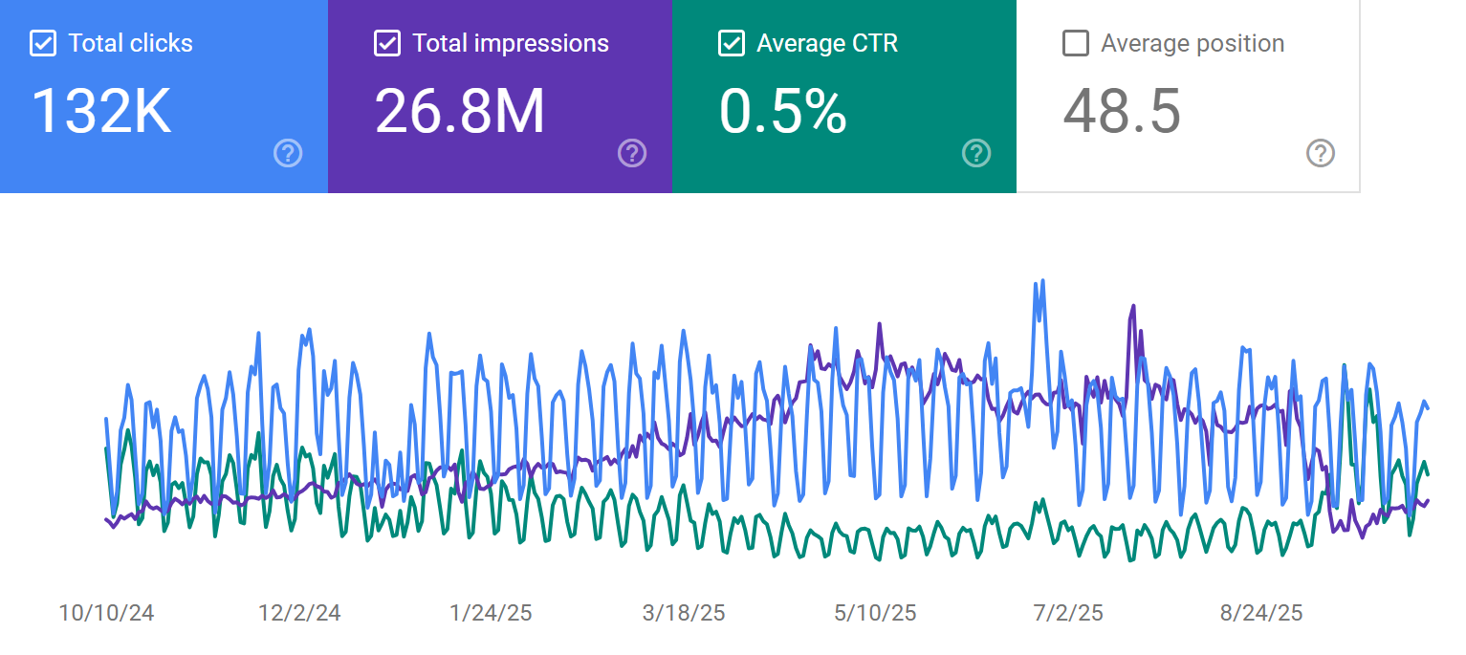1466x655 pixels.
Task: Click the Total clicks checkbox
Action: pyautogui.click(x=43, y=44)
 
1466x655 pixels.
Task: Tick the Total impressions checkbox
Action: pyautogui.click(x=387, y=44)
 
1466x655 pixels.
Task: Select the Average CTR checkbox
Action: pyautogui.click(x=732, y=44)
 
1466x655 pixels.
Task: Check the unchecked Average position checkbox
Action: pyautogui.click(x=1076, y=44)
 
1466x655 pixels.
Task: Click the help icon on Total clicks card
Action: pyautogui.click(x=288, y=153)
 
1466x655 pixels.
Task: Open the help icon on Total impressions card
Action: pyautogui.click(x=632, y=153)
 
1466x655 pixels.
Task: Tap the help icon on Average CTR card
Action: pyautogui.click(x=976, y=153)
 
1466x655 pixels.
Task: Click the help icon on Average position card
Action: pyautogui.click(x=1321, y=153)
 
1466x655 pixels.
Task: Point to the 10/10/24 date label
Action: pyautogui.click(x=106, y=613)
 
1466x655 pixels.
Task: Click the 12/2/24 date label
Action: pyautogui.click(x=298, y=613)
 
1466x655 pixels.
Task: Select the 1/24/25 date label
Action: pyautogui.click(x=491, y=613)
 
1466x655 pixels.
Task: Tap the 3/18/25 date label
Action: pyautogui.click(x=684, y=613)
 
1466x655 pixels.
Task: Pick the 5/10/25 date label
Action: pyautogui.click(x=876, y=613)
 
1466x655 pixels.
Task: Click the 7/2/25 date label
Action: pyautogui.click(x=1068, y=613)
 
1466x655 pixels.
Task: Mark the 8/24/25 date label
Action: pyautogui.click(x=1260, y=613)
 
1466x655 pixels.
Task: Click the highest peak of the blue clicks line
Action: pyautogui.click(x=1042, y=281)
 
